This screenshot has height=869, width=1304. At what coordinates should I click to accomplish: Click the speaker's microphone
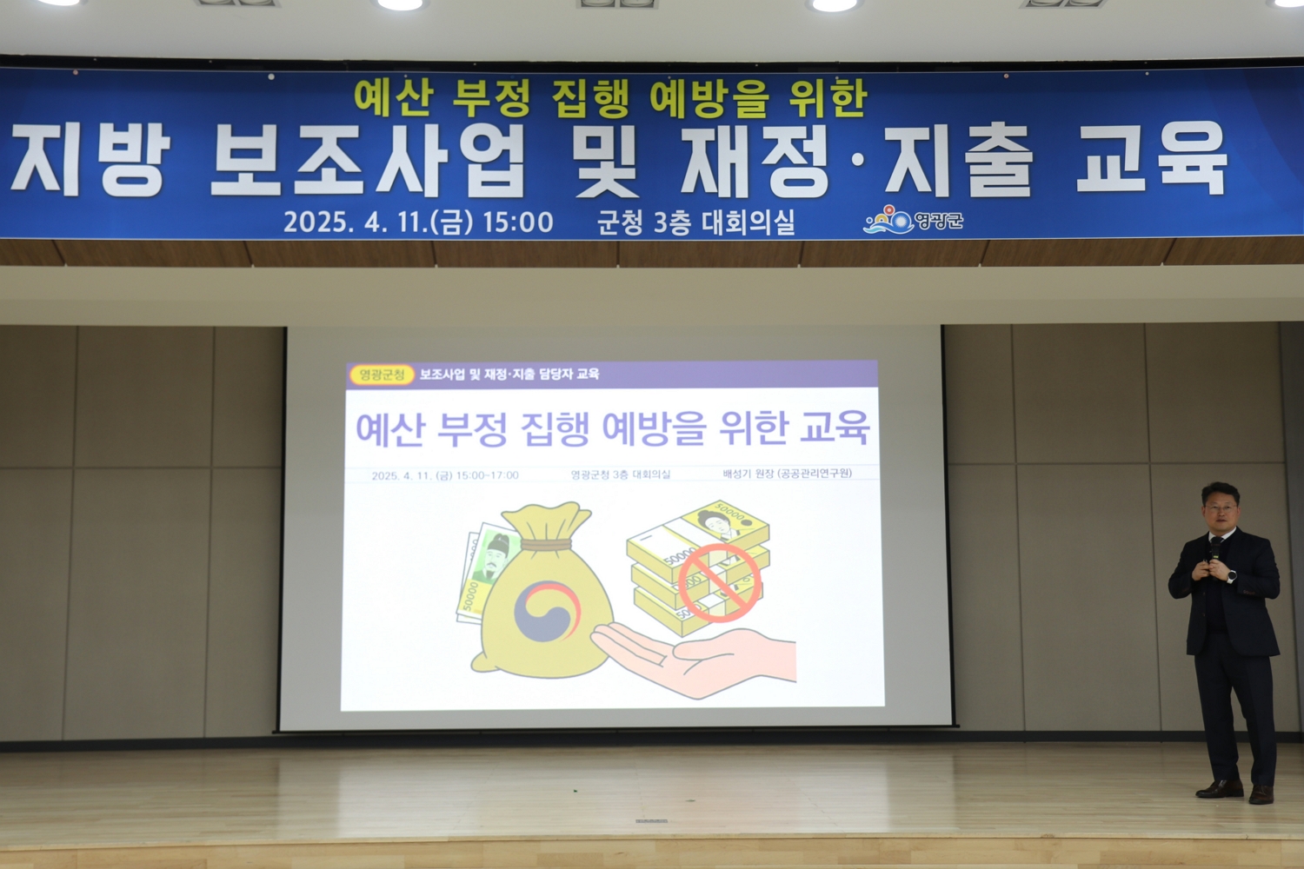(x=1215, y=550)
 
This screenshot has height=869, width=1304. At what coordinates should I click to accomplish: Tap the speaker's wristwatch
(x=1231, y=577)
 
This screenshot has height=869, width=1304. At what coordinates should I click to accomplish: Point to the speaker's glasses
(x=1221, y=508)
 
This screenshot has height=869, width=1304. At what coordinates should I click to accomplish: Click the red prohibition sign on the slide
(x=720, y=582)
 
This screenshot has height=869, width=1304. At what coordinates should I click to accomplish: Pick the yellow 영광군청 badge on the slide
(x=382, y=375)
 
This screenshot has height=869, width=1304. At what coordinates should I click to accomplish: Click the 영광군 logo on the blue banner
(x=913, y=220)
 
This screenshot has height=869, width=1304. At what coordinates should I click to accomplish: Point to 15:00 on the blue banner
(x=517, y=222)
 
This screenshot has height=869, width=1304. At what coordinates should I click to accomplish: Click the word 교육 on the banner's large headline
(x=1152, y=158)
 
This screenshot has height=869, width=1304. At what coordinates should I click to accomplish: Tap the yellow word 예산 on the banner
(x=392, y=98)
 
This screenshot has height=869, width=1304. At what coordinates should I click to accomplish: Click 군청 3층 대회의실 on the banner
(x=695, y=222)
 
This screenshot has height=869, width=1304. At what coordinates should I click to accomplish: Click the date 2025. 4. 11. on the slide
(x=402, y=475)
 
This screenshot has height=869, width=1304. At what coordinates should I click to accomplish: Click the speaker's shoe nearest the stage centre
(x=1220, y=789)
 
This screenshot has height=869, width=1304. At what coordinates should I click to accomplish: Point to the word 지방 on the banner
(x=90, y=160)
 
